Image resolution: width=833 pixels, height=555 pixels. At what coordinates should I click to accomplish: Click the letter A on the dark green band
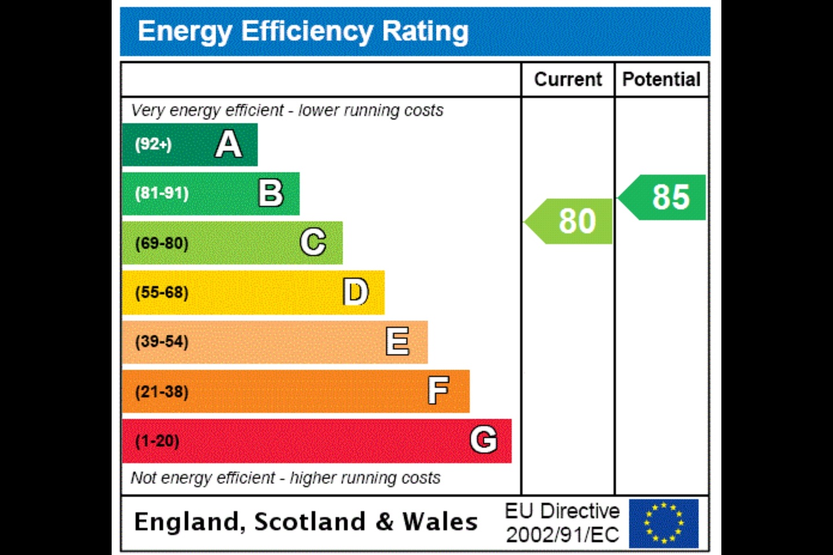point(228,145)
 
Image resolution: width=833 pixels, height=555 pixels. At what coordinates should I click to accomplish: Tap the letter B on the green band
point(271,193)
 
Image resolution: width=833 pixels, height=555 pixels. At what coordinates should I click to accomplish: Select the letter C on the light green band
point(313,242)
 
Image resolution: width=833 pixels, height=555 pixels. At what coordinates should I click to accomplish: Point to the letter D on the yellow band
point(355,292)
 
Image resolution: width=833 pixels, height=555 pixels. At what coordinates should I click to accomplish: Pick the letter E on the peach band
point(397,341)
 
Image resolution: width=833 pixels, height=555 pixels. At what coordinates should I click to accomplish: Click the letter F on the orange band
point(438,391)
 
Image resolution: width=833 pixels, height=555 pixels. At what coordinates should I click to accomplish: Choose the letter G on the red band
point(483,440)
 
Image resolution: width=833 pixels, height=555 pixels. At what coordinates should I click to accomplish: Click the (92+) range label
point(153,144)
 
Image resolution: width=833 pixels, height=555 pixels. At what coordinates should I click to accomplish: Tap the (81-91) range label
point(162,193)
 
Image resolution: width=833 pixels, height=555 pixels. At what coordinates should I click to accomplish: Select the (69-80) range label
point(162,243)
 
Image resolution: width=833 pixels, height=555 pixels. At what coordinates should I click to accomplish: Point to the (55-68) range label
point(162,293)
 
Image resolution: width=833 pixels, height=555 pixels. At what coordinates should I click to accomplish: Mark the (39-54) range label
point(162,342)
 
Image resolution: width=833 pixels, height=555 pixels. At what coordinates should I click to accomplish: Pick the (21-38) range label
point(162,392)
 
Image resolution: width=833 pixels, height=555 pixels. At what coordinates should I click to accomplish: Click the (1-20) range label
point(157,441)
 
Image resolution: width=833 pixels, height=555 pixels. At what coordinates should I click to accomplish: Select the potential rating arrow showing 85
point(664,197)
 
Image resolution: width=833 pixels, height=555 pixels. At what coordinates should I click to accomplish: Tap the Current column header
point(567,79)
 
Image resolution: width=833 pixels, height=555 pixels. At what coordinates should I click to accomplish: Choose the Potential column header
point(661,79)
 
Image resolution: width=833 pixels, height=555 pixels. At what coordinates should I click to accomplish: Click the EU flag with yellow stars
point(664,523)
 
